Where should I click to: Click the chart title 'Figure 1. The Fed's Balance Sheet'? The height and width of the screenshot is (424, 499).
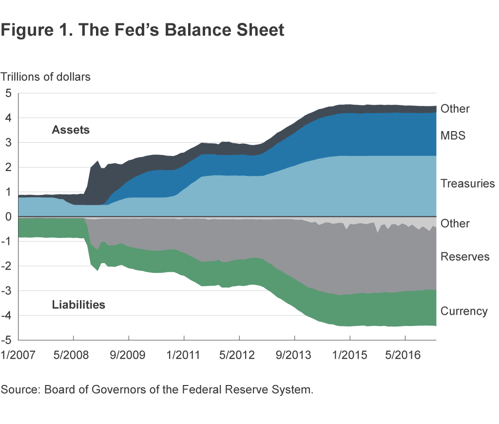click(142, 30)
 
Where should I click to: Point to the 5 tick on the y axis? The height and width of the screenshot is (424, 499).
click(8, 93)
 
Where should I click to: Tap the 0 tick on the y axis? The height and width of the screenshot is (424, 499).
click(8, 216)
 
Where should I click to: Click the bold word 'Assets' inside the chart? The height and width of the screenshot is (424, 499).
click(71, 130)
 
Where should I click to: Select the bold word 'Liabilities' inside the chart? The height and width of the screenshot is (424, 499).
click(78, 305)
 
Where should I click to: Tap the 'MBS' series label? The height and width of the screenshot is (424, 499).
click(453, 135)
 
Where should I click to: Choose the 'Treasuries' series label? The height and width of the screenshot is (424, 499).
click(467, 184)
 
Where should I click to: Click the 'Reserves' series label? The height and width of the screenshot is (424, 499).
click(464, 256)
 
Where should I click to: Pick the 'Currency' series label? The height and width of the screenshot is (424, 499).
click(464, 311)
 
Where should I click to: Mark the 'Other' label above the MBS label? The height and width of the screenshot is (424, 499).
click(455, 109)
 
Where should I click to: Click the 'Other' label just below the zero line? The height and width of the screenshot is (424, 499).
click(455, 224)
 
